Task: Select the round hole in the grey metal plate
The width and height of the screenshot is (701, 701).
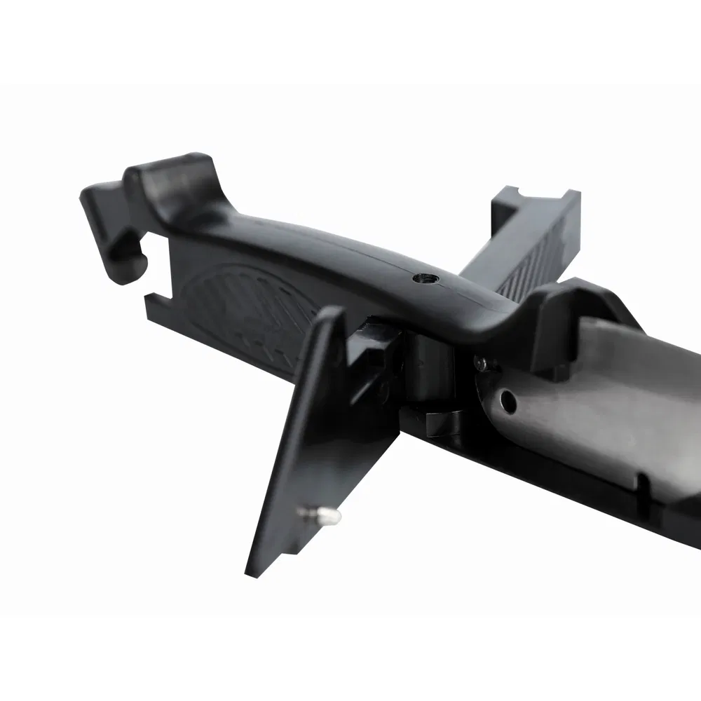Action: [x=509, y=401]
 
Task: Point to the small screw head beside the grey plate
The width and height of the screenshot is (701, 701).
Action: [x=482, y=363]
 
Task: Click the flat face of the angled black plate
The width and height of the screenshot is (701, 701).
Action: [x=308, y=435]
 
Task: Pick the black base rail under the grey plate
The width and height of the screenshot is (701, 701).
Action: [x=561, y=484]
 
